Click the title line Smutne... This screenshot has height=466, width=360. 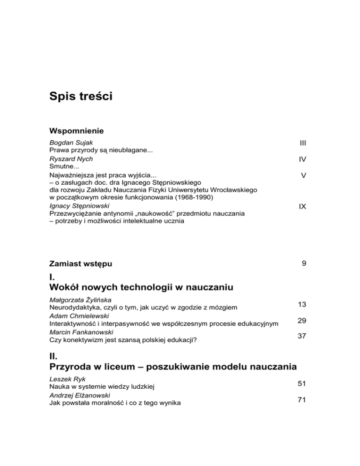click(61, 166)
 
